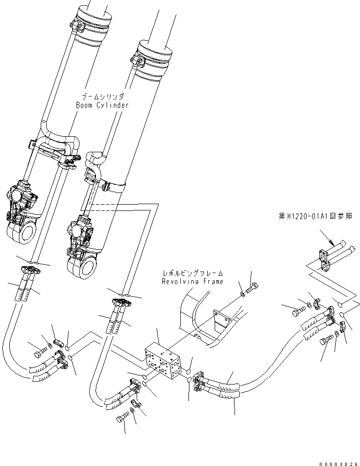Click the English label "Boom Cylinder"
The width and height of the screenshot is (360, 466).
[x=102, y=105]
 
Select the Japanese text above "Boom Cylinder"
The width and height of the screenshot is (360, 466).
[x=102, y=97]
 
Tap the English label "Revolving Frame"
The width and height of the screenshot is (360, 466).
[x=192, y=281]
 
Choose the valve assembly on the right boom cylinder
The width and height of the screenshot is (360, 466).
[x=81, y=230]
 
